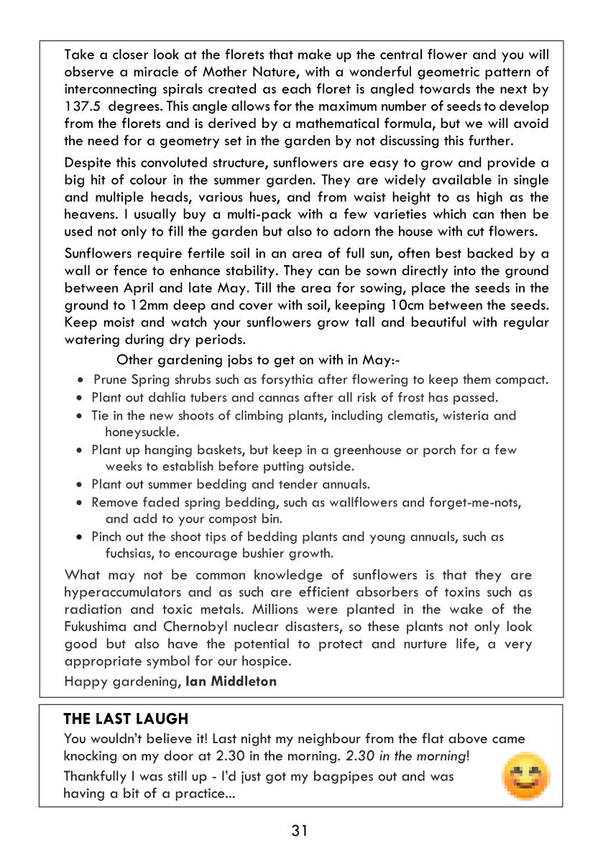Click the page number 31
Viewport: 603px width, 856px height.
(x=300, y=832)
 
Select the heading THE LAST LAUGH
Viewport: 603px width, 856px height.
(x=126, y=719)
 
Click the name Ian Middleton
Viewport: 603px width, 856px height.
(x=231, y=681)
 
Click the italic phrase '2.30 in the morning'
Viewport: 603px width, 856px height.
(x=406, y=757)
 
